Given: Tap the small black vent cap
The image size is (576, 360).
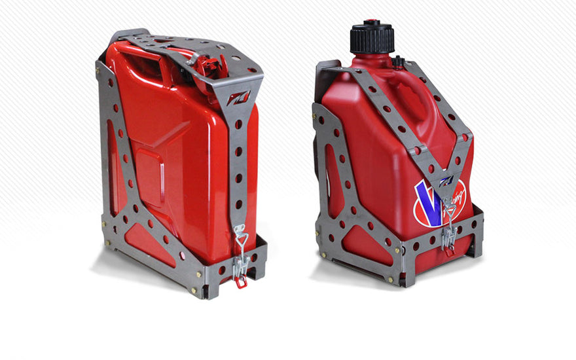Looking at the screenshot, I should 397,62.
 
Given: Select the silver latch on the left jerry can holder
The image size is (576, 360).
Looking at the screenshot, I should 240,252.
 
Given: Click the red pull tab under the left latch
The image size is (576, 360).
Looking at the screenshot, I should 242,281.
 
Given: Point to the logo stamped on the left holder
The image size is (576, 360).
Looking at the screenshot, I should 234,99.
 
